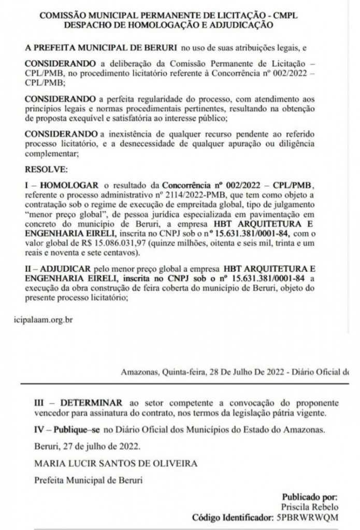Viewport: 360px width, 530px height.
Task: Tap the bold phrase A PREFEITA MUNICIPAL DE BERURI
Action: pos(101,48)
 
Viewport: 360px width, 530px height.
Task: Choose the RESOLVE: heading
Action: pos(46,169)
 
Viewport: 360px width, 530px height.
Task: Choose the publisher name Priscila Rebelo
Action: pos(316,507)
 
